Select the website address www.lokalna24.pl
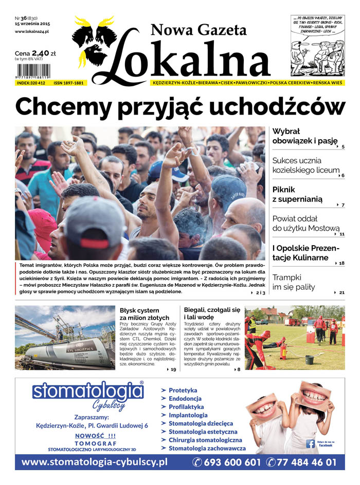coord(32,31)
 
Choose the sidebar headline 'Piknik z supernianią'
coord(298,194)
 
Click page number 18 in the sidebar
coord(341,263)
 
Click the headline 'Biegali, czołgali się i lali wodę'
coord(212,314)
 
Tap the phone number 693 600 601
coord(227,462)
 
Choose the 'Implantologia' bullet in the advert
coord(188,415)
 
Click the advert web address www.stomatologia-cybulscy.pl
coord(95,462)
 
